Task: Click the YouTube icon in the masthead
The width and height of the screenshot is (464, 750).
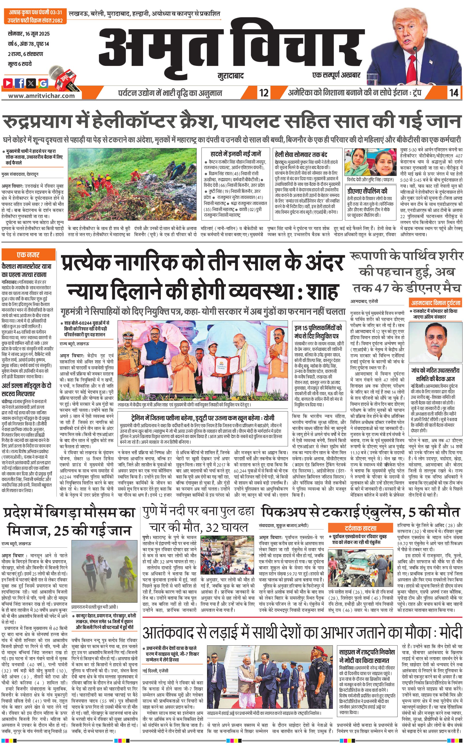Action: coord(8,83)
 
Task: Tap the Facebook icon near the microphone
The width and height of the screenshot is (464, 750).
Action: coord(20,83)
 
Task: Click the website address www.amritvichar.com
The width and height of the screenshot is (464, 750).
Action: coord(41,95)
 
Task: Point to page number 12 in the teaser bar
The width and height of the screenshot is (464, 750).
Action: coord(264,93)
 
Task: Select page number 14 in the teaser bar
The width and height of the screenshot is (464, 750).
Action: coord(454,93)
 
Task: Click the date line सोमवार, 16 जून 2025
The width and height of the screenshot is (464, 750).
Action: coord(29,34)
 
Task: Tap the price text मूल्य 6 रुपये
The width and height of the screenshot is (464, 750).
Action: coord(20,64)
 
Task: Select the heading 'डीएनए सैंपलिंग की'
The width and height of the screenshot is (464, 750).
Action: coord(367,191)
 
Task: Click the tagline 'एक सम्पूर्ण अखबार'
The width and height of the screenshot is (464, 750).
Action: coord(336,75)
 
